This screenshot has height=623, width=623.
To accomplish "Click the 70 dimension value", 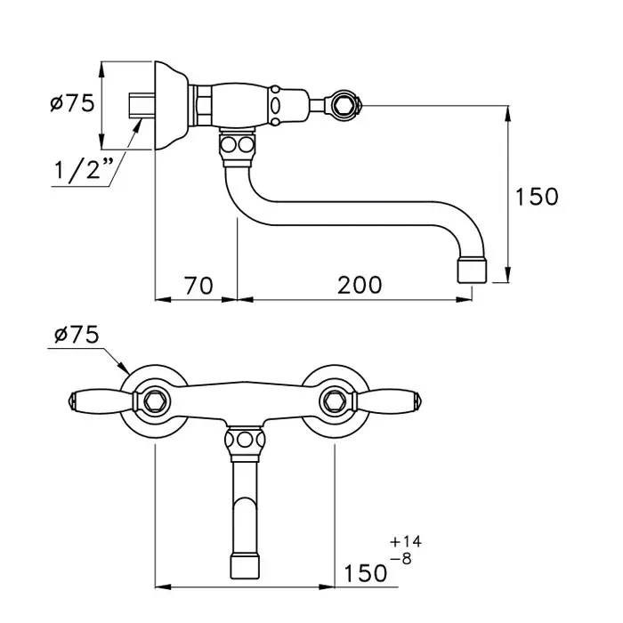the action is pos(198,286).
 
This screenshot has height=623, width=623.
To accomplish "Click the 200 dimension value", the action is pos(360,286).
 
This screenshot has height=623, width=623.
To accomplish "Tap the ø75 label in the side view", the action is pos(72,103).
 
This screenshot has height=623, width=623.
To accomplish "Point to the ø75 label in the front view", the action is pos(77,335).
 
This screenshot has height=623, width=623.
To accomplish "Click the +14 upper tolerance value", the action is pos(406,541).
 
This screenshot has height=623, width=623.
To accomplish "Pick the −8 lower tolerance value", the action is pos(400,559).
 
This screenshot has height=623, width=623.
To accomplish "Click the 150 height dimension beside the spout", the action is pos(537,197).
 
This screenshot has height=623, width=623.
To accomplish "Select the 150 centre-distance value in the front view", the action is pos(365,573).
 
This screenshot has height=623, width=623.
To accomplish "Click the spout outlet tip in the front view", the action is pos(245,567).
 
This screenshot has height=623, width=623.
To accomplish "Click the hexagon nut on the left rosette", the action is pos(153,400).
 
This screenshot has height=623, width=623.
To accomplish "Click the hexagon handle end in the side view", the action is pos(342,105).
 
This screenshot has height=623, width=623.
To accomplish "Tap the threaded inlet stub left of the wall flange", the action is pos(141,105).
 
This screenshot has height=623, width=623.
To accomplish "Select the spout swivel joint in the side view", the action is pos(238,147).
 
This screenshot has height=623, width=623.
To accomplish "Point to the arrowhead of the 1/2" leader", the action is pos(137,126).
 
